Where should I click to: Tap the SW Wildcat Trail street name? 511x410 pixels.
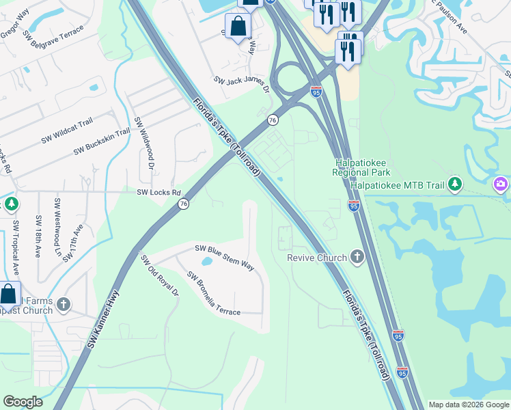tap(67, 127)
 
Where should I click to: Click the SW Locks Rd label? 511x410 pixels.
tap(158, 193)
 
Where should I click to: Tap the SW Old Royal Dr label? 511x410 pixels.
tap(159, 275)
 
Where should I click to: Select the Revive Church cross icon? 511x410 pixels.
tap(355, 258)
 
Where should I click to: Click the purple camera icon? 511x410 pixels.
tap(501, 184)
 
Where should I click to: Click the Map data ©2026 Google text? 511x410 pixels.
tap(469, 405)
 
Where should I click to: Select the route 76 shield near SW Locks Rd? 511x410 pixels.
tap(183, 204)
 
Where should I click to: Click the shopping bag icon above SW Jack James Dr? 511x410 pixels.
tap(238, 27)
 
